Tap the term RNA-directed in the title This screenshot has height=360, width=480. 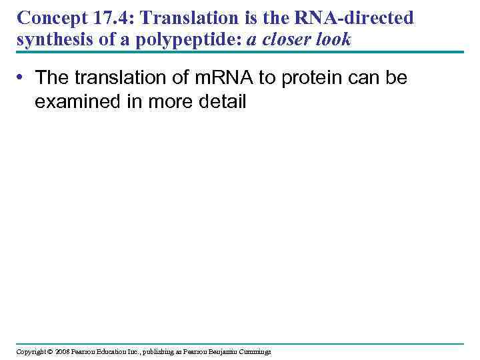[x=359, y=18]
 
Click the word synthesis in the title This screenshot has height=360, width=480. [x=46, y=40]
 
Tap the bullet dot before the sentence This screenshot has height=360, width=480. [x=22, y=78]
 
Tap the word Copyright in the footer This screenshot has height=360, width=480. [x=31, y=351]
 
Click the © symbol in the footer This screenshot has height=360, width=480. [x=49, y=351]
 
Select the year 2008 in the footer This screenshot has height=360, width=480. [x=62, y=351]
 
